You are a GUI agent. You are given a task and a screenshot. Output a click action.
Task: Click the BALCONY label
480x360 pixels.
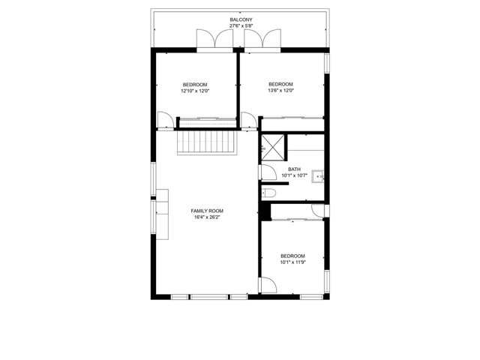[x=241, y=19]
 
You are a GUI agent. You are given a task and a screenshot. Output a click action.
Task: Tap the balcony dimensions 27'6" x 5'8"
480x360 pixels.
[x=241, y=26]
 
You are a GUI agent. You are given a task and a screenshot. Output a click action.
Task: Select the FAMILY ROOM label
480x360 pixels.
[x=207, y=211]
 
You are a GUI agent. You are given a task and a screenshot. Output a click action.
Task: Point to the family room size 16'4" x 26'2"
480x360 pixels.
[x=207, y=217]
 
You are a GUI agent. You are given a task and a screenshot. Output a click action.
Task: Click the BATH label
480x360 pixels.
[x=294, y=169]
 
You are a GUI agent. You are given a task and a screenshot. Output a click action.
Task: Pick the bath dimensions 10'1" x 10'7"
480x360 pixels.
[x=294, y=175]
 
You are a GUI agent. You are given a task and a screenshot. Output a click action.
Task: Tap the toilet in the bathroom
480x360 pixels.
[x=268, y=193]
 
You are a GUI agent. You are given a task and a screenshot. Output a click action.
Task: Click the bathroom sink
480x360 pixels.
[x=318, y=177]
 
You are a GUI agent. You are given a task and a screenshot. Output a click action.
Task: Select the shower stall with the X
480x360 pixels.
[x=273, y=148]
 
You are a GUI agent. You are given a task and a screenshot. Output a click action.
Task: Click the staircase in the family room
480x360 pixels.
[x=207, y=142]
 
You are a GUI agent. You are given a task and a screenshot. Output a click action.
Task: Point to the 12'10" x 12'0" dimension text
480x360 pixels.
[x=195, y=91]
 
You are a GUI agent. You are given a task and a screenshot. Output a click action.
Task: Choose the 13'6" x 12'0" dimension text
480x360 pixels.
[x=280, y=91]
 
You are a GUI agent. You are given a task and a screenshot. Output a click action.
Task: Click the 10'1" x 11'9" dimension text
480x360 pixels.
[x=293, y=262]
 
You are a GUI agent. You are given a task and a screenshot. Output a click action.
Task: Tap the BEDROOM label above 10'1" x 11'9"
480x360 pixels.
[x=293, y=256]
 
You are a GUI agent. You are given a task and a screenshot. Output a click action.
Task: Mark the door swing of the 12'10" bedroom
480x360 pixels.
[x=165, y=120]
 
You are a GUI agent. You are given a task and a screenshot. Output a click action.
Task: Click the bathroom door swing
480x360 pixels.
[x=268, y=172]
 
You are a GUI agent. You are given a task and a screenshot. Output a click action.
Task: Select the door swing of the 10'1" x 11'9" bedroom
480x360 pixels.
[x=268, y=285]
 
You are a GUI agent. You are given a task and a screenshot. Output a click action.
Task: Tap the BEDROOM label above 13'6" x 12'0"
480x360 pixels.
[x=280, y=84]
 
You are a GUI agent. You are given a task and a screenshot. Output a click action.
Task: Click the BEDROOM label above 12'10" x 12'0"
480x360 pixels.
[x=195, y=85]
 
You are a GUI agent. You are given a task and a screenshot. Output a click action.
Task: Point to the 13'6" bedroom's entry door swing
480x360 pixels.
[x=249, y=120]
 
